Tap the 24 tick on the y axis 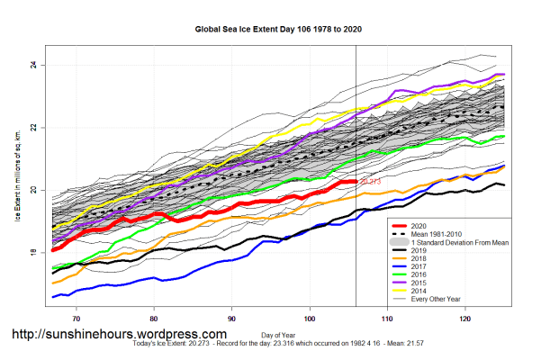pyautogui.click(x=32, y=65)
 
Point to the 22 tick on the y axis pyautogui.click(x=32, y=128)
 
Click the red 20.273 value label pyautogui.click(x=370, y=183)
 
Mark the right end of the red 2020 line pyautogui.click(x=356, y=182)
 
